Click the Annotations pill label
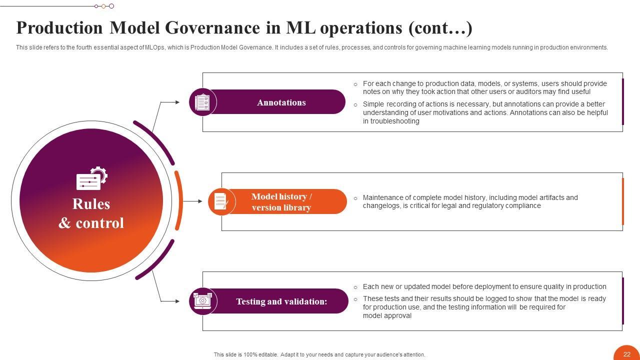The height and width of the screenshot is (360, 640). [281, 102]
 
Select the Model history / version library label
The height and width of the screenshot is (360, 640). [281, 202]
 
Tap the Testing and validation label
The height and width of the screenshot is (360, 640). [281, 301]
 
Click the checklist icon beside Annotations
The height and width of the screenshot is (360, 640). [202, 102]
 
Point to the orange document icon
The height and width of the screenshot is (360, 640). [221, 201]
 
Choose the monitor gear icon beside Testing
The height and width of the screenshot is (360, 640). [202, 301]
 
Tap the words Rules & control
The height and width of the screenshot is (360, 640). [91, 213]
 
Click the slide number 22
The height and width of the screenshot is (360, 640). [627, 354]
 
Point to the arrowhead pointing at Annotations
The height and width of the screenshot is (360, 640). [177, 102]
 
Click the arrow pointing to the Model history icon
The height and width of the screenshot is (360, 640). [193, 201]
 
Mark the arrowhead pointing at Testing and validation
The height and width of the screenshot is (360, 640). [177, 301]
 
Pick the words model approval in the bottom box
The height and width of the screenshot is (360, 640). [387, 315]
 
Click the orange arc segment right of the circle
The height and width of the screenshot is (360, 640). [179, 200]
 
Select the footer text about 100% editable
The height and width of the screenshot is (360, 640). [319, 354]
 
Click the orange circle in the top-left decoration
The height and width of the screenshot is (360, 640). [103, 6]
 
